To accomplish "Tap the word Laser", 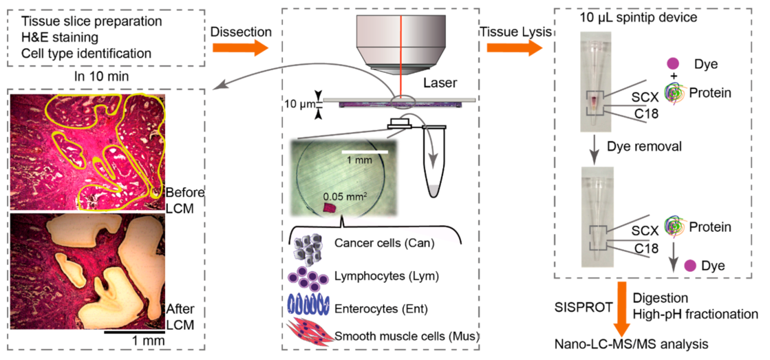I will tap(436, 83).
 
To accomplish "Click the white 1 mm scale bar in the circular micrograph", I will tap(365, 150).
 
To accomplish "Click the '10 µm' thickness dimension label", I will tap(299, 105).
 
